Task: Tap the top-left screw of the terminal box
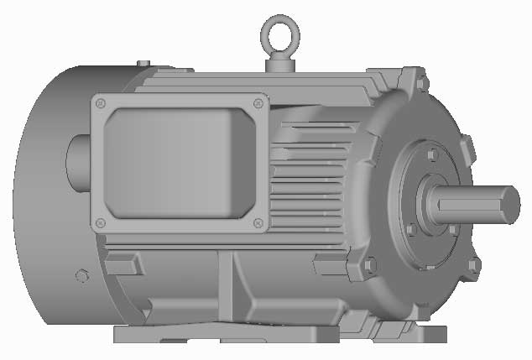point(101,102)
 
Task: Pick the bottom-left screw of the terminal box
point(101,223)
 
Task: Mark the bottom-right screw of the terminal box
point(258,224)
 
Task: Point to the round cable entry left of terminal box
point(76,161)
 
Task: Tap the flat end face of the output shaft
point(509,206)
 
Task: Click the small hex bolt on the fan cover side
point(81,275)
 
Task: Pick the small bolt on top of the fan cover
point(143,62)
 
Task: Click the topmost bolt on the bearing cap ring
point(431,155)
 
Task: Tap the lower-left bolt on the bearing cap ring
point(411,228)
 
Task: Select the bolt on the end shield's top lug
point(422,82)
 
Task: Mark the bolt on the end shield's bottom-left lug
point(370,266)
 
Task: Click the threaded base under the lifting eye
point(279,63)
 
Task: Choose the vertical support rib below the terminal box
point(227,285)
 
